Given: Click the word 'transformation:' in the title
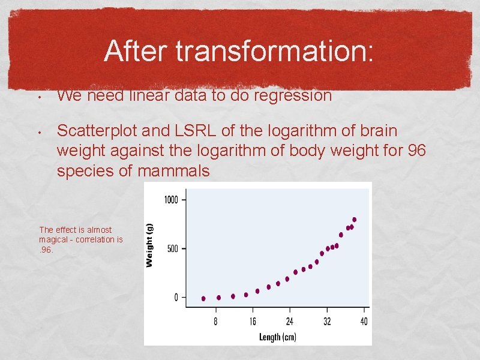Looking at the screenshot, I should [x=275, y=52].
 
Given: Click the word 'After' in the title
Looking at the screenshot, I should [x=136, y=52].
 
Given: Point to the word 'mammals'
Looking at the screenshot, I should [x=174, y=171].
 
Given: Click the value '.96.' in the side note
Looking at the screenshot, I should [x=46, y=250].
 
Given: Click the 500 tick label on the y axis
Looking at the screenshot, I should [x=173, y=248].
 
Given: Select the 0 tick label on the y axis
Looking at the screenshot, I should [x=176, y=298].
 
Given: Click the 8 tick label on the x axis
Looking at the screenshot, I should [x=216, y=322].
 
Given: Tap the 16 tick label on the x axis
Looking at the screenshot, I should [x=253, y=322].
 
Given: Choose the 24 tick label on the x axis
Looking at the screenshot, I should [x=290, y=322].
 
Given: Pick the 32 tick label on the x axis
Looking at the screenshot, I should [x=327, y=322].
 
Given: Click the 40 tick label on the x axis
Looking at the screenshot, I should [x=364, y=322].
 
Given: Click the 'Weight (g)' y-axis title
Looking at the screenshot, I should [x=150, y=245].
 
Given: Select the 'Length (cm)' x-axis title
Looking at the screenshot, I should [x=277, y=337].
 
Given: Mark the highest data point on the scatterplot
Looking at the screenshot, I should [x=354, y=220].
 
